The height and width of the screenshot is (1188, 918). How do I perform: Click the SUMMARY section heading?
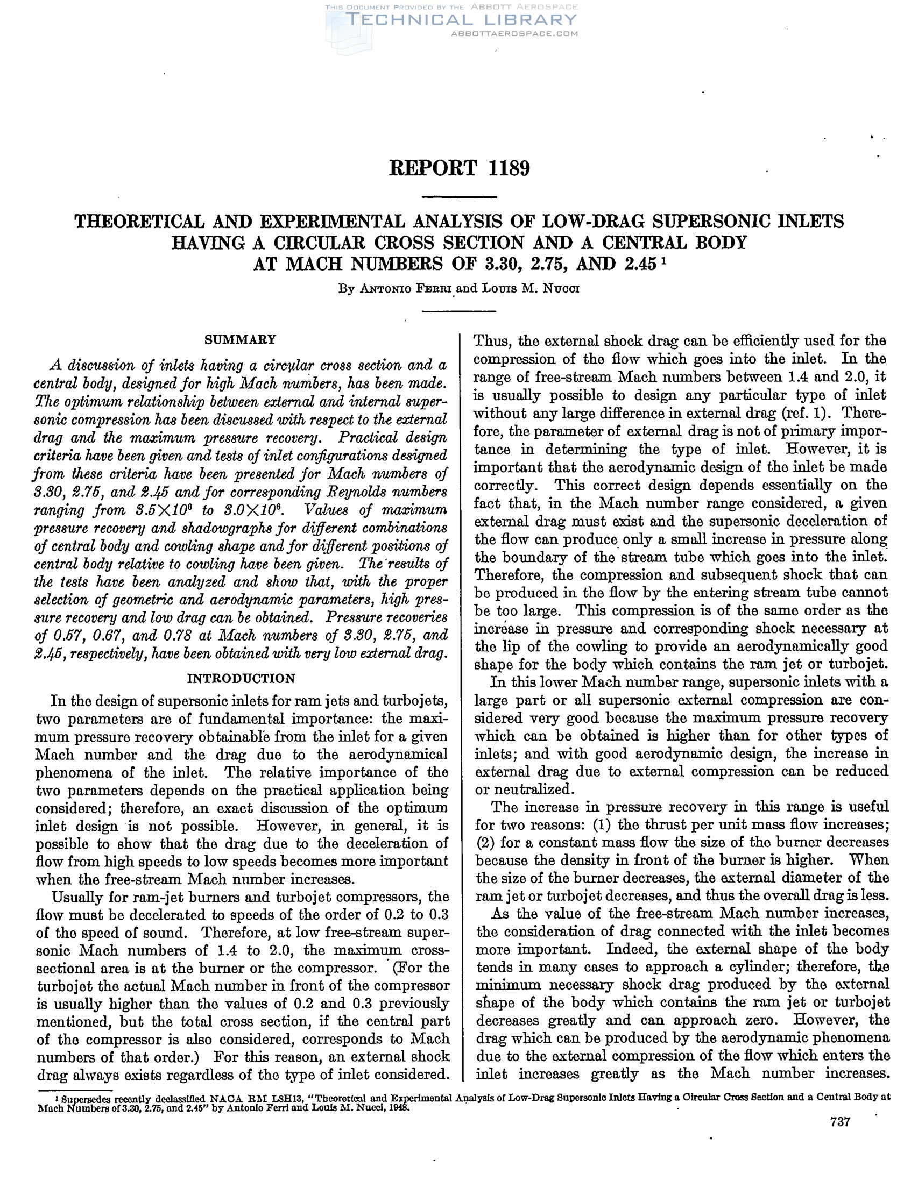240,340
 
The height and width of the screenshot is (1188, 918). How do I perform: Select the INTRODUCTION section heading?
241,678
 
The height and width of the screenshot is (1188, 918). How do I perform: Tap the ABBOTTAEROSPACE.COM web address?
515,34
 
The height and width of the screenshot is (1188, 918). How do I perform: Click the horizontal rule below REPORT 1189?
458,197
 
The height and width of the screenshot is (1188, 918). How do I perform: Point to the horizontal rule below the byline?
458,311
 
